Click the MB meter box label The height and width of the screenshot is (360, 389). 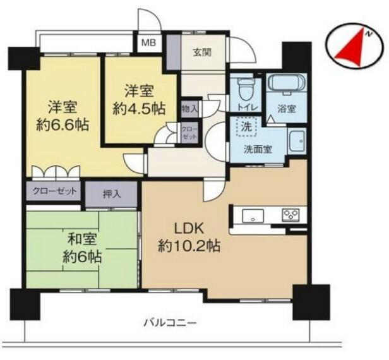(148, 42)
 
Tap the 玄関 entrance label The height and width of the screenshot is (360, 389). (203, 52)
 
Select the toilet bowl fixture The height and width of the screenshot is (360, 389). (245, 88)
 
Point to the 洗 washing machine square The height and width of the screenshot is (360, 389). (246, 127)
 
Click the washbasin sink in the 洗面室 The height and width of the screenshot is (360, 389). (297, 140)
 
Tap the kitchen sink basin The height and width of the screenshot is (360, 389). (253, 215)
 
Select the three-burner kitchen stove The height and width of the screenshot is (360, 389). (290, 214)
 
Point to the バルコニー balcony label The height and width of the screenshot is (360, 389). (171, 323)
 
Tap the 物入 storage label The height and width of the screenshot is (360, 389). (190, 109)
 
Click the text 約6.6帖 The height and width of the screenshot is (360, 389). (63, 125)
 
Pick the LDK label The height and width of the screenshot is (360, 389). (189, 229)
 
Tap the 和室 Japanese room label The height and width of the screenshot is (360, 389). (82, 240)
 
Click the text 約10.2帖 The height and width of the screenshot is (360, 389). (189, 246)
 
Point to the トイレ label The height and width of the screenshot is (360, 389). (246, 107)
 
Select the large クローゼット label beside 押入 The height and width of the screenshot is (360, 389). (54, 191)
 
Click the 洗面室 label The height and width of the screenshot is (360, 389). (258, 149)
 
